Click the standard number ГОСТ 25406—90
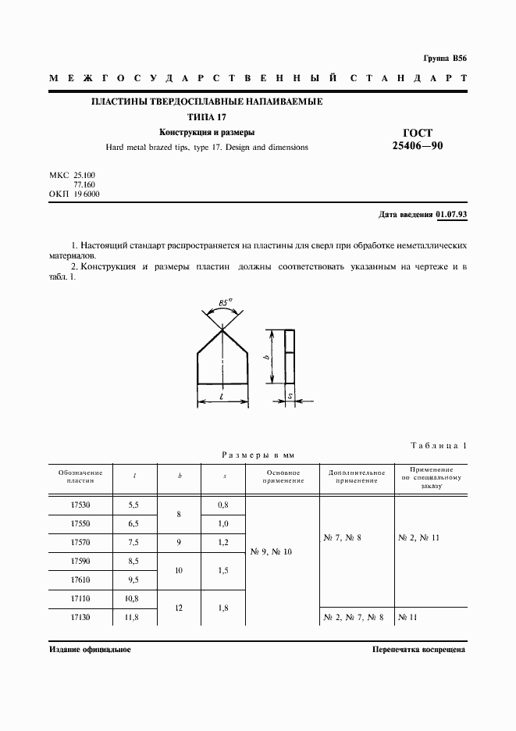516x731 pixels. coord(422,139)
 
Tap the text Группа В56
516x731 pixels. coord(444,59)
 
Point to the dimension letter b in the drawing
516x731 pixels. coord(267,357)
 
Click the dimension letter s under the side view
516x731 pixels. coord(290,398)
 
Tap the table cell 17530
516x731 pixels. coord(80,506)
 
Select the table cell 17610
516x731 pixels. coord(80,580)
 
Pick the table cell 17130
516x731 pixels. coord(80,617)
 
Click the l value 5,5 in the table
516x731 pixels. coord(135,506)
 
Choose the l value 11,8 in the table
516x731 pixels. coord(135,617)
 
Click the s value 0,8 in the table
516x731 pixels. coord(223,506)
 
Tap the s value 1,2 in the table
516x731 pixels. coord(223,543)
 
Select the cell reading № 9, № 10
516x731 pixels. coord(271,552)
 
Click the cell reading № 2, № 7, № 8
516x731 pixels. coord(352,618)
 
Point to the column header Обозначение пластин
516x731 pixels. coord(80,476)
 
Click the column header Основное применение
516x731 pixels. coord(283,476)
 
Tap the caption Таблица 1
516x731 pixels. coord(438,446)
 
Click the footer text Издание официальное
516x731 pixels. coord(89,649)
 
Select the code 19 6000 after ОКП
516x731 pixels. coord(87,193)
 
